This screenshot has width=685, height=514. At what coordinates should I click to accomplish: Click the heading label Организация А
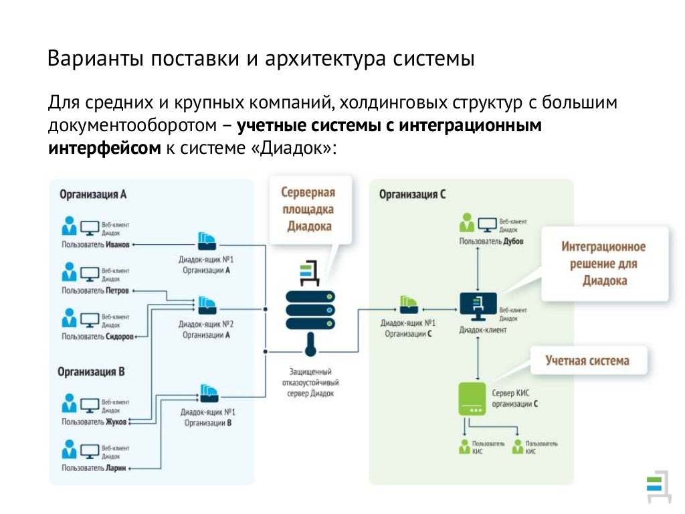(93, 195)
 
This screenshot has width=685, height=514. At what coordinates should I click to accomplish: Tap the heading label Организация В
(91, 371)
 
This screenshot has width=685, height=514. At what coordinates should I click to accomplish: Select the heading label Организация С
(412, 195)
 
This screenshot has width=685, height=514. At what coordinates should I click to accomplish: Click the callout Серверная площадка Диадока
(308, 209)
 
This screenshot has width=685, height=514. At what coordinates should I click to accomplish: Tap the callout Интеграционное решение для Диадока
(603, 264)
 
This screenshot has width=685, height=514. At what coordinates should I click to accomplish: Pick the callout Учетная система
(587, 361)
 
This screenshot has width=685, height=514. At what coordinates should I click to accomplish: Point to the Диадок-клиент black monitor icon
(478, 307)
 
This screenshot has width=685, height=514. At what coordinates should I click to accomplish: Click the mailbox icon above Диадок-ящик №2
(206, 305)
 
